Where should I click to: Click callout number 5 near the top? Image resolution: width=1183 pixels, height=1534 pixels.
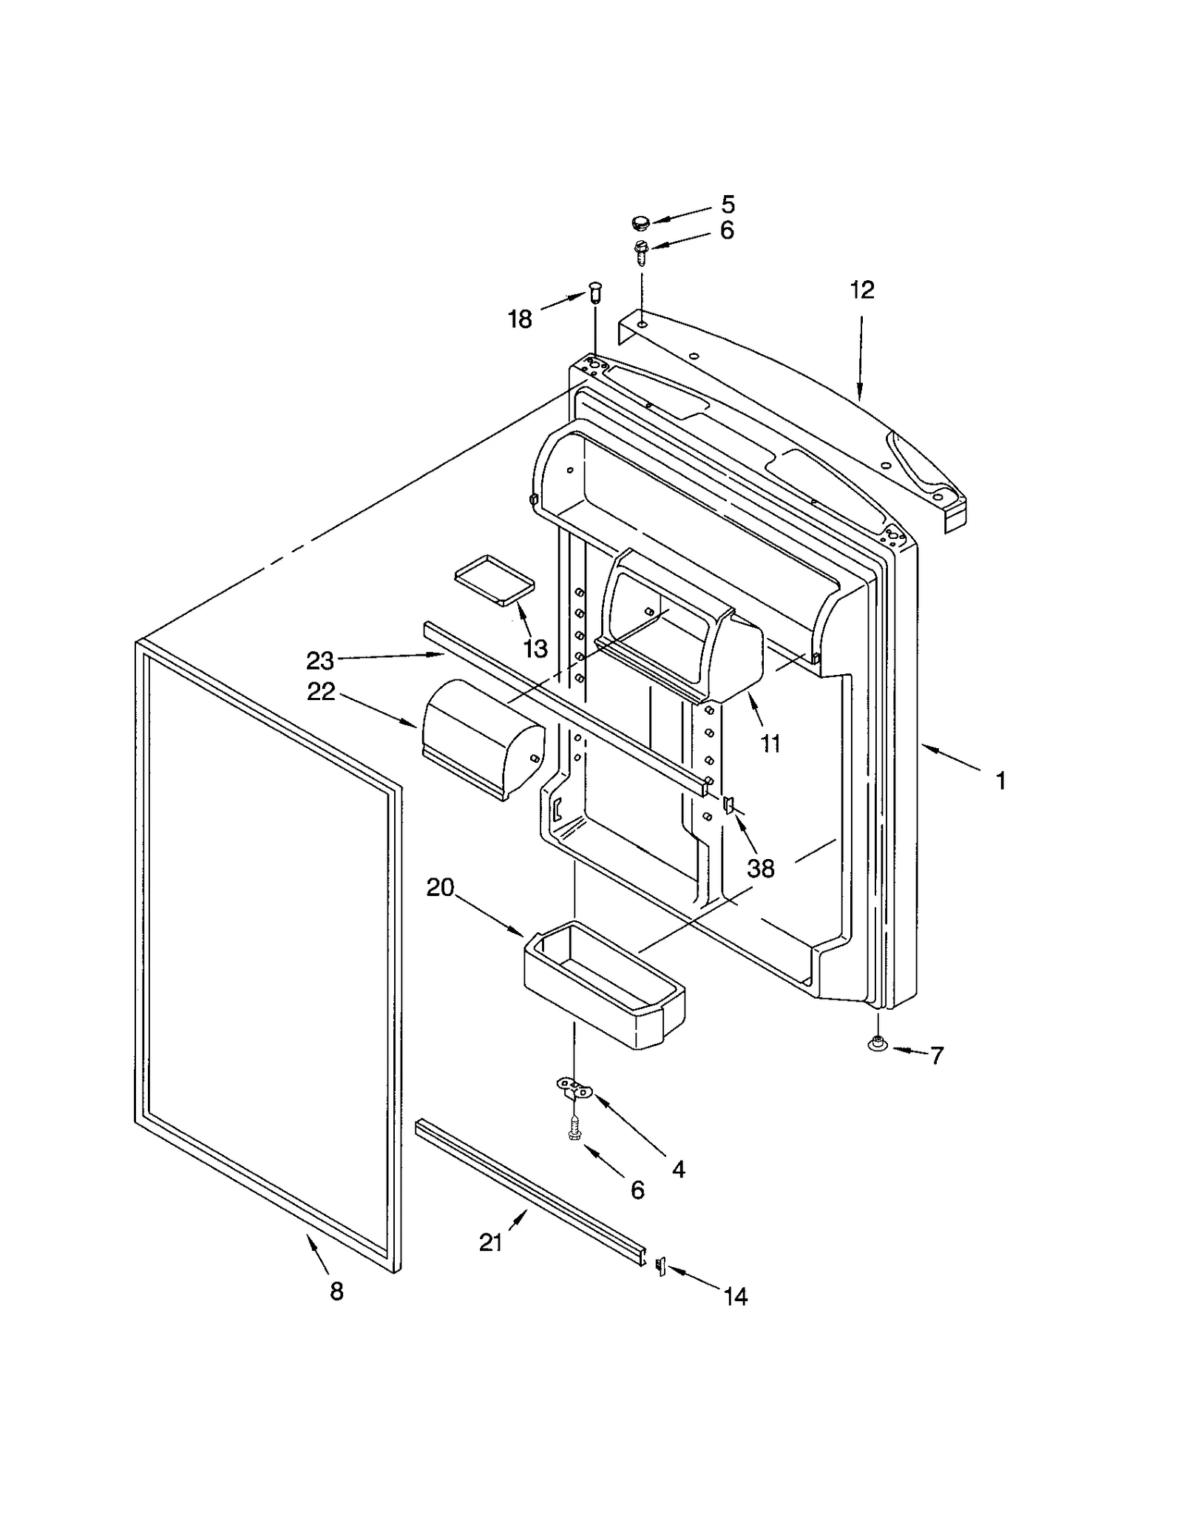point(728,204)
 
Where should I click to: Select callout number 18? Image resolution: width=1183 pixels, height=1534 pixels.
point(519,319)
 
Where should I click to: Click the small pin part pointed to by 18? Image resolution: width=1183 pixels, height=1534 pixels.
point(596,293)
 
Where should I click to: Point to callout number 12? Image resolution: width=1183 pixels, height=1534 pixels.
point(861,290)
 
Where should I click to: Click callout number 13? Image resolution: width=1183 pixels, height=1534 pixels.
point(535,648)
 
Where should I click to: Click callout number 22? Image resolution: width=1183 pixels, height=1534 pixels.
point(320,692)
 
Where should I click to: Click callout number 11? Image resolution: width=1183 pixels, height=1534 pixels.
point(770,744)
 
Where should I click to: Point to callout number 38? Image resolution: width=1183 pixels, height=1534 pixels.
point(760,868)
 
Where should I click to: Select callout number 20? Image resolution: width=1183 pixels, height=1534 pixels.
point(440,887)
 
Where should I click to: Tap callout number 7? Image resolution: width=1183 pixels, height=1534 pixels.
point(937,1056)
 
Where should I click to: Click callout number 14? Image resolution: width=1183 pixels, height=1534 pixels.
point(735,1296)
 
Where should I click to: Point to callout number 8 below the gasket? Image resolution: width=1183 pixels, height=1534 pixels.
point(336,1292)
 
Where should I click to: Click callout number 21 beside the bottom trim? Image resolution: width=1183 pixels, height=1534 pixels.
point(490,1243)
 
